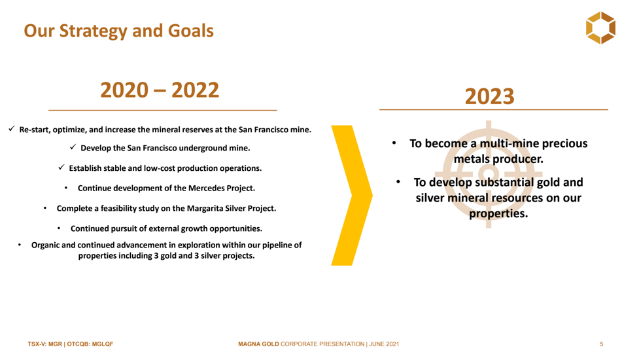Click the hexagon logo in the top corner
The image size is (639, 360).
600,27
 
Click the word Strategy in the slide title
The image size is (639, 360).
94,31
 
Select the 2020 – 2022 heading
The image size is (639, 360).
160,90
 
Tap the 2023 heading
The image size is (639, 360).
489,96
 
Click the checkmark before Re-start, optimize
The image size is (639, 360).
11,129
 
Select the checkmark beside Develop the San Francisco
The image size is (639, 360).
73,147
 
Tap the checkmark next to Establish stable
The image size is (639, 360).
61,167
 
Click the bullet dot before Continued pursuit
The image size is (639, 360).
59,228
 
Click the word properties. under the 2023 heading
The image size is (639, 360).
498,213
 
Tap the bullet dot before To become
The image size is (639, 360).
394,143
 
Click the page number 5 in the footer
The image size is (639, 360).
602,344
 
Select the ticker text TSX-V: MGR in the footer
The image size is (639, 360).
45,344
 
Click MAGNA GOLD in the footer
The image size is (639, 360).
258,344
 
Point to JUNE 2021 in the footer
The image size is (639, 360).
384,344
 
